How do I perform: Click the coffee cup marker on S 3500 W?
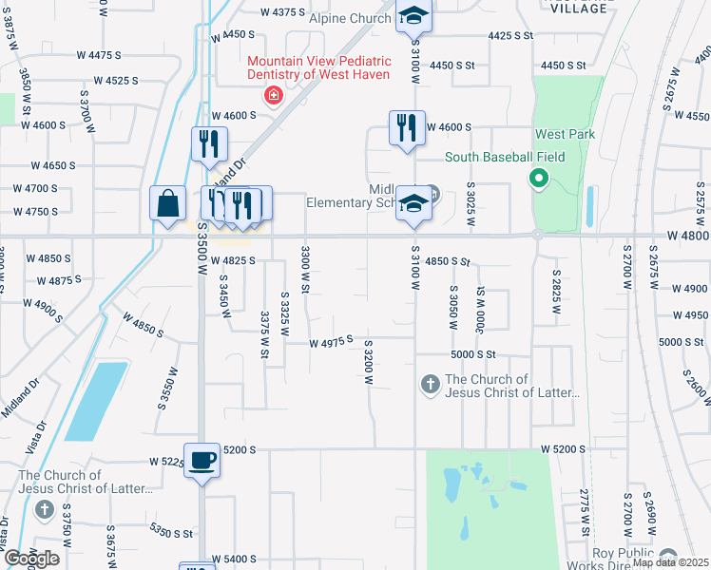pyautogui.click(x=202, y=460)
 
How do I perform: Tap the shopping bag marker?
pyautogui.click(x=168, y=203)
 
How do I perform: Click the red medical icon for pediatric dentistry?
pyautogui.click(x=274, y=96)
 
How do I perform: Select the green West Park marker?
pyautogui.click(x=537, y=178)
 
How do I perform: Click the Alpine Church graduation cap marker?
pyautogui.click(x=413, y=16)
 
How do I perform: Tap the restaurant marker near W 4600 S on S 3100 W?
pyautogui.click(x=407, y=127)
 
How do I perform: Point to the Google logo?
pyautogui.click(x=30, y=559)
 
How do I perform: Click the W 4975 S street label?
pyautogui.click(x=331, y=340)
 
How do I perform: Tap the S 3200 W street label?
pyautogui.click(x=368, y=361)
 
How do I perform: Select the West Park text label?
pyautogui.click(x=565, y=135)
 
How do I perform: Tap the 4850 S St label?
pyautogui.click(x=448, y=260)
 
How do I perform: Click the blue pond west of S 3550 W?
pyautogui.click(x=95, y=399)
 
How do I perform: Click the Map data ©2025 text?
pyautogui.click(x=670, y=562)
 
